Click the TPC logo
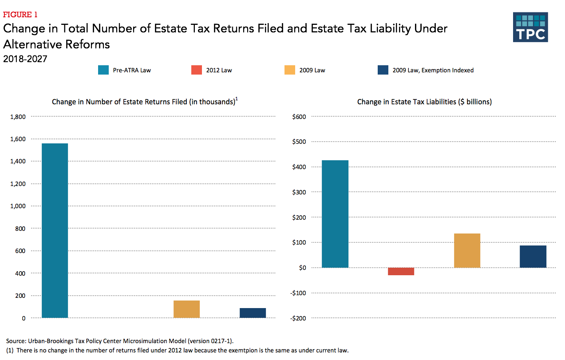tap(530, 27)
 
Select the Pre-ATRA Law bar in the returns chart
tap(55, 230)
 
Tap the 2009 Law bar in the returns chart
tap(186, 309)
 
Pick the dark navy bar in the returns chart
tap(253, 313)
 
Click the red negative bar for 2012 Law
tap(401, 271)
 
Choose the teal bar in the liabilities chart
tap(335, 214)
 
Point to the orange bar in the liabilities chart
tap(467, 250)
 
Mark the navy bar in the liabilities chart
tap(533, 257)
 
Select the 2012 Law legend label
tap(219, 70)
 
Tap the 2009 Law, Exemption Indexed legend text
tap(433, 70)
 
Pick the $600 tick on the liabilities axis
tap(299, 117)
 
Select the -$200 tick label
tap(298, 318)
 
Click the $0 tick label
tap(302, 268)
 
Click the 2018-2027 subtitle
tap(25, 58)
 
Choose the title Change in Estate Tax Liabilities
tap(424, 102)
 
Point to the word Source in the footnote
tap(16, 341)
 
